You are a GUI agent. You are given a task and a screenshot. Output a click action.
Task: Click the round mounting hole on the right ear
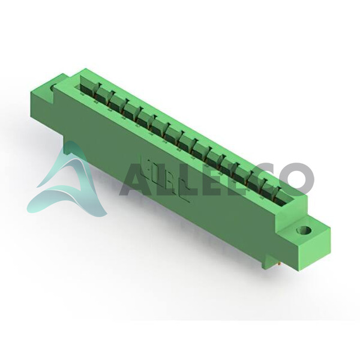(304, 230)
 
